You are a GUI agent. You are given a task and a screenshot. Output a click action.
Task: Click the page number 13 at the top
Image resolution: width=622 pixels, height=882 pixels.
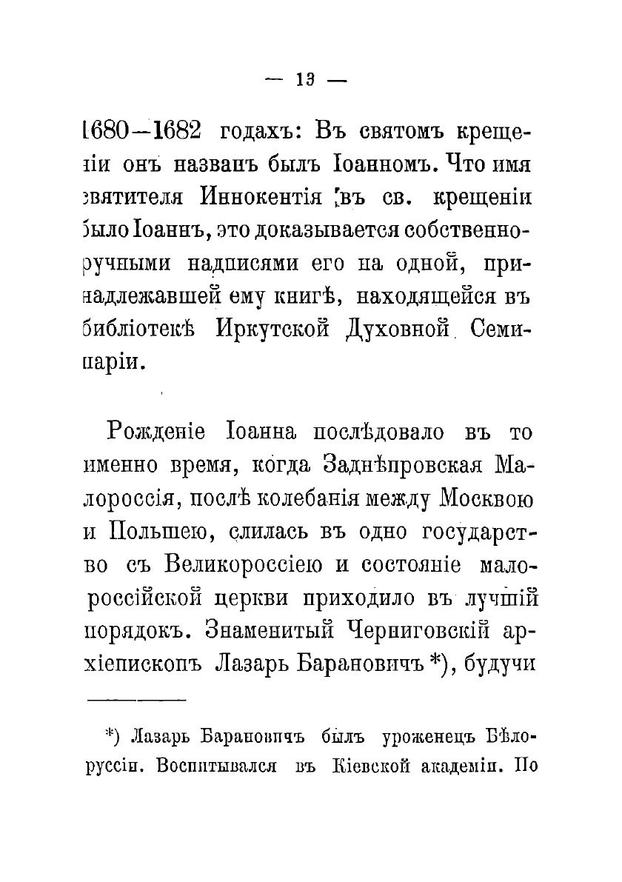tap(305, 81)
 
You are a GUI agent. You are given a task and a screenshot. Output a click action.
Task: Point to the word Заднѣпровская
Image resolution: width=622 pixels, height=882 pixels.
tap(403, 464)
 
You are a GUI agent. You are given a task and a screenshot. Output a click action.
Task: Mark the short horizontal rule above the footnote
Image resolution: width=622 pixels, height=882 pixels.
tap(138, 698)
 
